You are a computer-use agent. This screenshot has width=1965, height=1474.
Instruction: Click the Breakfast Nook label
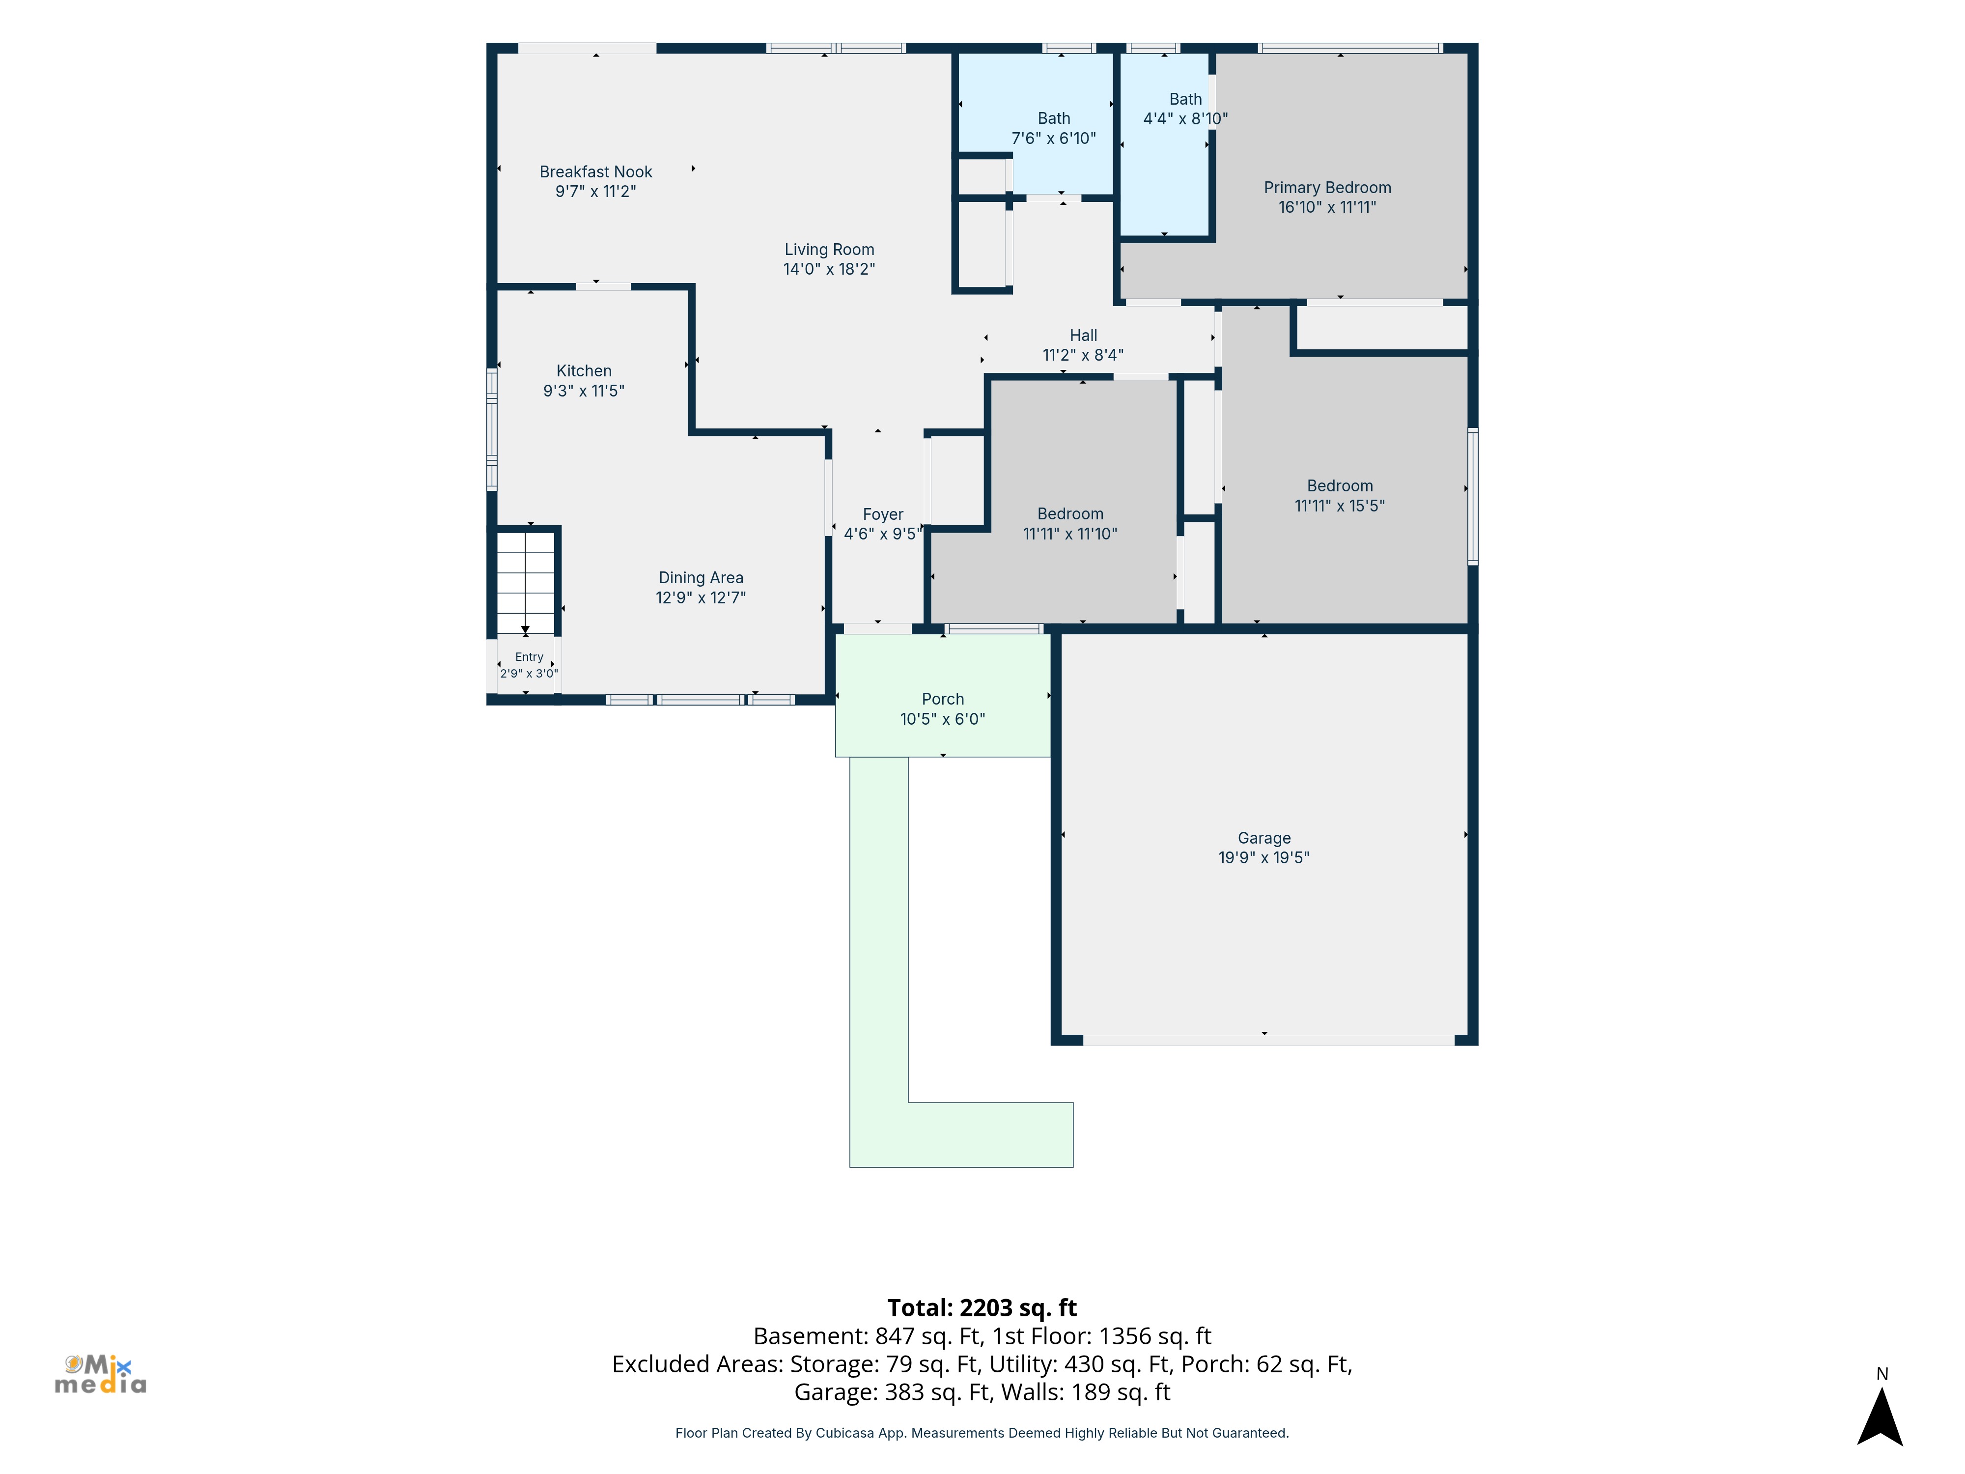tap(595, 171)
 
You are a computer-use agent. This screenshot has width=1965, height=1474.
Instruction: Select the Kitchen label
tap(584, 370)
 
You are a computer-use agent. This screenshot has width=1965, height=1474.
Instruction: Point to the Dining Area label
tap(701, 577)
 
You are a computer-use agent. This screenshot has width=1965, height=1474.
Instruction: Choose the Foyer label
tap(883, 514)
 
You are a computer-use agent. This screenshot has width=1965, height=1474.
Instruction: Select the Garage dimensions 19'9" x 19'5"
tap(1264, 857)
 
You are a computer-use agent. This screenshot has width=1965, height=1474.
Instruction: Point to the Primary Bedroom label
tap(1327, 188)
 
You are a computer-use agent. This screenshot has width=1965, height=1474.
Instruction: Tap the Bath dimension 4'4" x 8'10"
tap(1185, 119)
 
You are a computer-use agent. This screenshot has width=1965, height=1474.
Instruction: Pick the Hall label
tap(1083, 335)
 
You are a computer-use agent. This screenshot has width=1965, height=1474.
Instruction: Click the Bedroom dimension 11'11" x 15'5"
tap(1340, 506)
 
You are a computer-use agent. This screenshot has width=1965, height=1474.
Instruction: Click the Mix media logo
tap(100, 1374)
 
